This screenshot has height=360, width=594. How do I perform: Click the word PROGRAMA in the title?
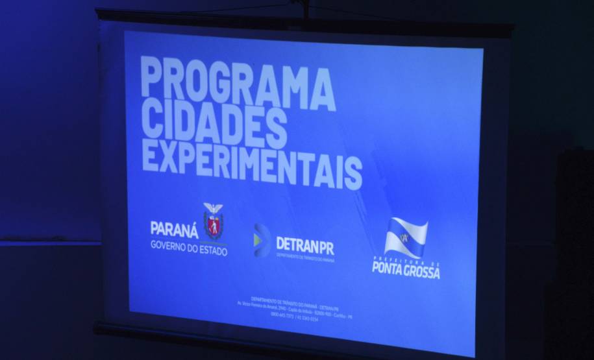(x=237, y=82)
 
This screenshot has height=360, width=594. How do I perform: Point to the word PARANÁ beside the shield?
(x=175, y=228)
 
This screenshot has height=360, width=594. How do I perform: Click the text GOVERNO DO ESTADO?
(x=189, y=247)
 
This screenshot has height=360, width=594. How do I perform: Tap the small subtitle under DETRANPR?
(x=305, y=258)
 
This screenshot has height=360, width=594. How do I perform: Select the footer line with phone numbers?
(x=295, y=316)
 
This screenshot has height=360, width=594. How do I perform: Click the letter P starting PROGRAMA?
(x=152, y=76)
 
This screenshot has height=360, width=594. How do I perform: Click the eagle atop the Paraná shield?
(x=213, y=208)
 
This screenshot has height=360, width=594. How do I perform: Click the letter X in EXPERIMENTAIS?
(x=166, y=156)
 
